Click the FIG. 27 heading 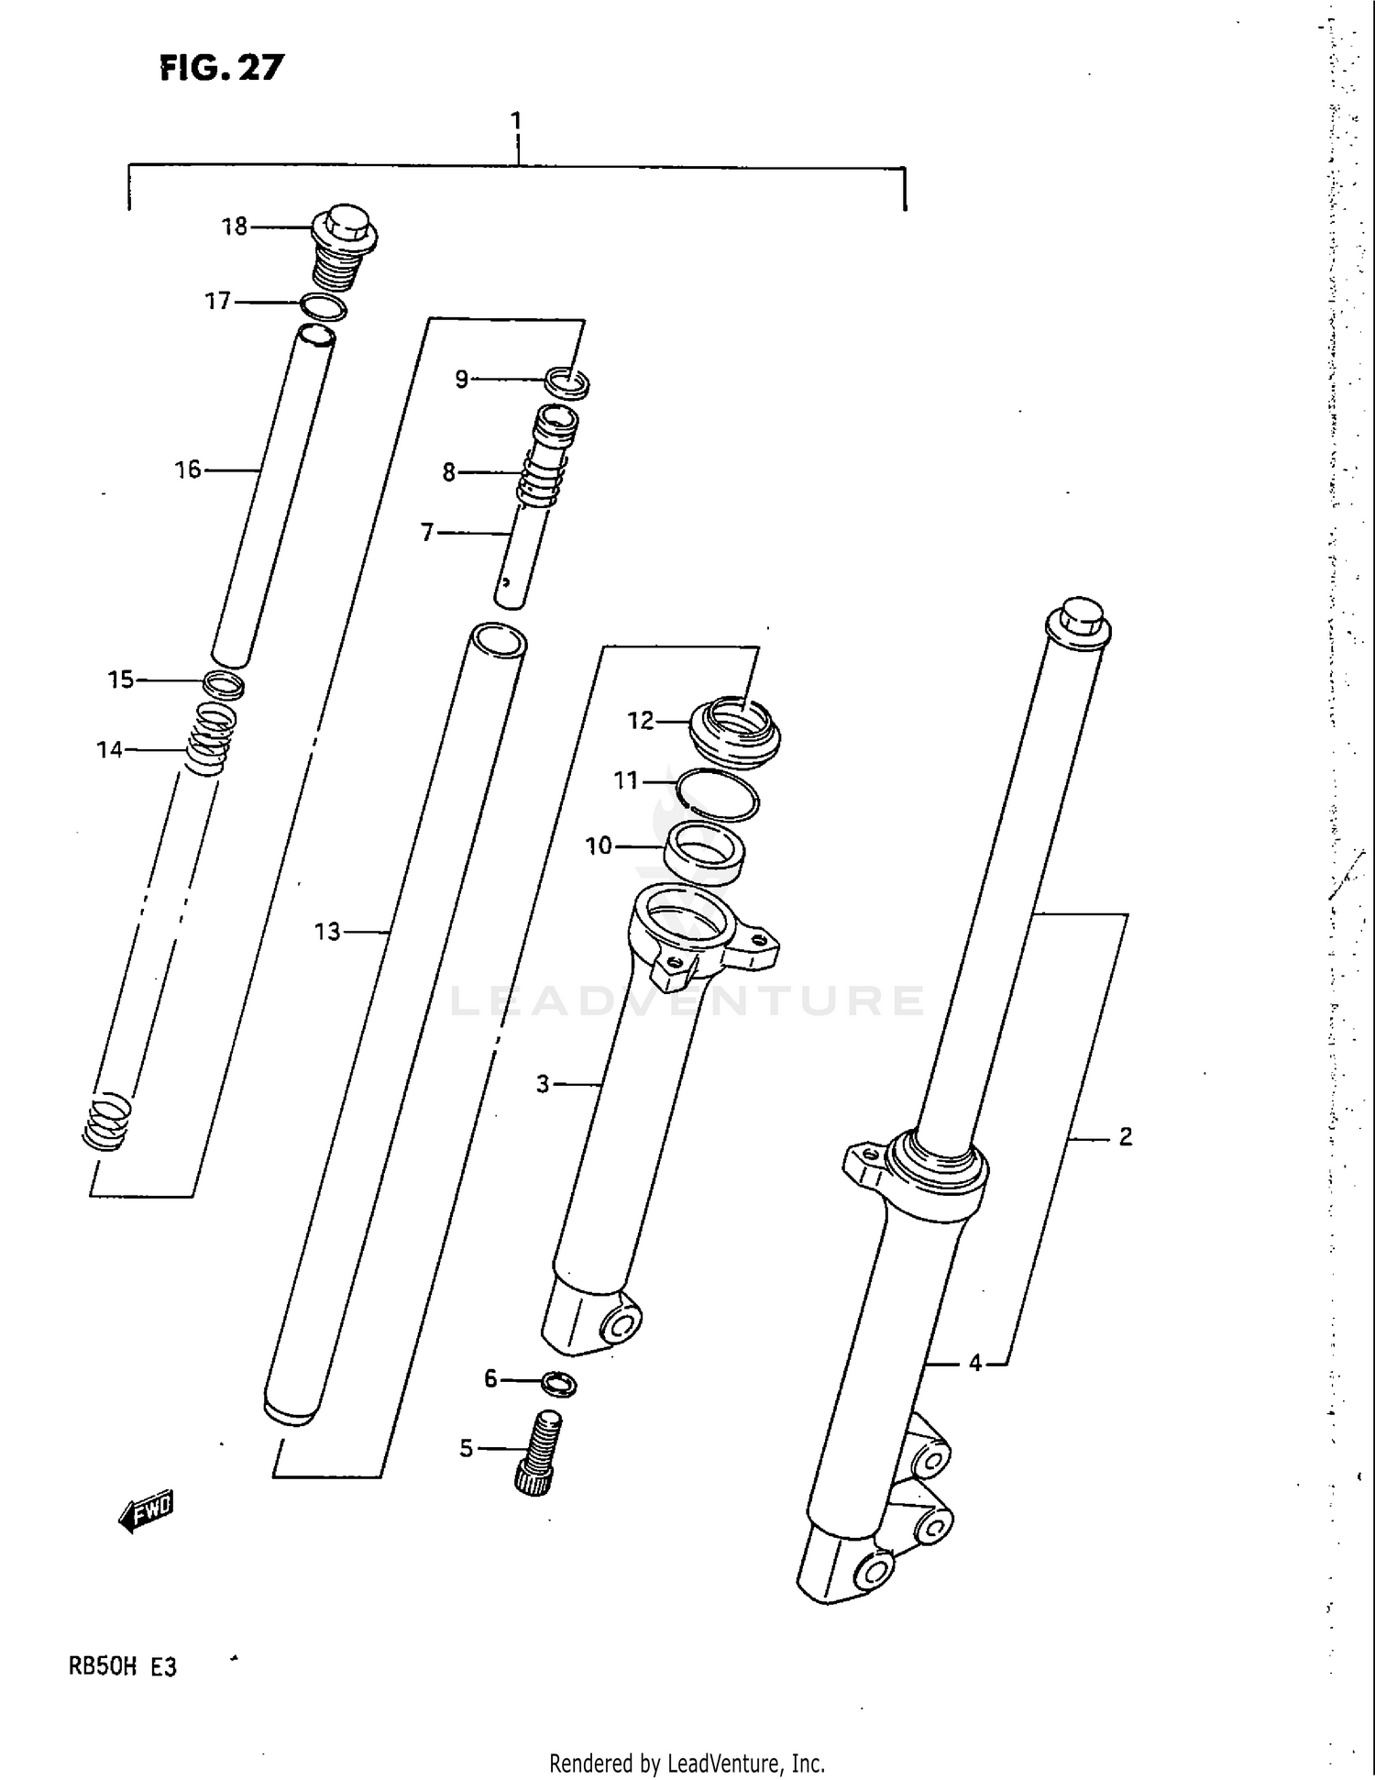coord(222,67)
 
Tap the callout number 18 coord(235,227)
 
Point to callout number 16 coord(188,470)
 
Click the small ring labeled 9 coord(566,381)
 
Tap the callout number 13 coord(327,932)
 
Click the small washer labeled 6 coord(559,1384)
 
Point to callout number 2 coord(1126,1137)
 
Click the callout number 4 coord(975,1364)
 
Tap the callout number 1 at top coord(516,121)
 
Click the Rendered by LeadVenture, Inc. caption coord(687,1763)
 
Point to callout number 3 coord(543,1085)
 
